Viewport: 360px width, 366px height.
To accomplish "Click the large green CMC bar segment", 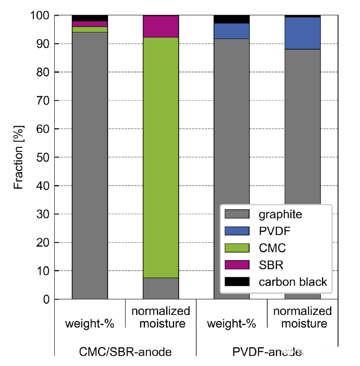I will (x=161, y=157).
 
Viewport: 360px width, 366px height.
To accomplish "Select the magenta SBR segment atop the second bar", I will (x=161, y=26).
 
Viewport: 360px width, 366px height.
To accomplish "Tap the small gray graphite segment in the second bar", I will (x=161, y=288).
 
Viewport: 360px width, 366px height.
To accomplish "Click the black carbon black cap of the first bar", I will (x=90, y=18).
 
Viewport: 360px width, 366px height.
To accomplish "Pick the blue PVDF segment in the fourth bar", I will (x=302, y=33).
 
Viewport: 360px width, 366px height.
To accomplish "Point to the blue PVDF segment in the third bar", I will (x=231, y=31).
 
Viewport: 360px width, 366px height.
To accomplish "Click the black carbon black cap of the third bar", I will (x=231, y=19).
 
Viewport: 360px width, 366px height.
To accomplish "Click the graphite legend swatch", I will (x=237, y=214).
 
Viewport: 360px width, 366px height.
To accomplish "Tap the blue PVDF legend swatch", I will (x=237, y=231).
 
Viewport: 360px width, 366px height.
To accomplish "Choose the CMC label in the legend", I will (x=273, y=248).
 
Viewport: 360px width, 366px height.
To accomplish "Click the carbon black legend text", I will (x=293, y=282).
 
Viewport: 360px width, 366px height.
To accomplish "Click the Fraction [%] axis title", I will (x=19, y=157).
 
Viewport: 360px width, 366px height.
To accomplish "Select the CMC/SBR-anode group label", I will (x=125, y=353).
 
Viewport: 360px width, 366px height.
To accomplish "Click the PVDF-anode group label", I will (x=267, y=353).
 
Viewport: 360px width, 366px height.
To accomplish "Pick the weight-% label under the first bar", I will (x=90, y=324).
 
